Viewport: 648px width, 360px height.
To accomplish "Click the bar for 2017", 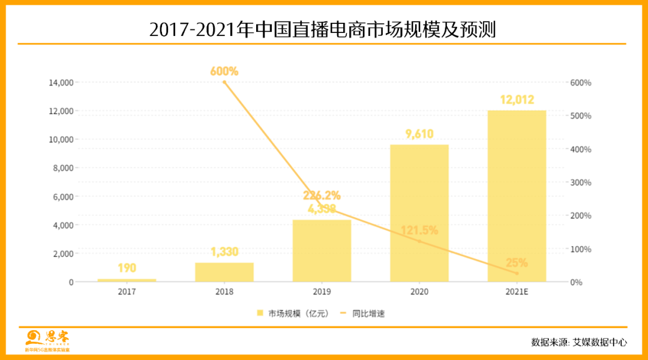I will click(x=127, y=280).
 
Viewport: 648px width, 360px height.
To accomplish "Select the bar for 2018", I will click(x=224, y=272).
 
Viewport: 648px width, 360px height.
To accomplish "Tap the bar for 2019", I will click(x=322, y=251).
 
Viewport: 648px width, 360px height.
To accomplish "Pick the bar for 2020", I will click(x=419, y=213).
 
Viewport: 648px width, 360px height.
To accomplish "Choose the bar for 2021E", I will click(x=517, y=196).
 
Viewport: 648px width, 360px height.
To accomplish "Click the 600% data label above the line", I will click(x=224, y=71).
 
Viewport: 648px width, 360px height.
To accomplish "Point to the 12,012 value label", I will click(x=517, y=100).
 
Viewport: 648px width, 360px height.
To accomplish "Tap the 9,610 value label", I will click(x=419, y=134).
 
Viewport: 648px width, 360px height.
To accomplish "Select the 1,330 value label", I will click(x=224, y=252).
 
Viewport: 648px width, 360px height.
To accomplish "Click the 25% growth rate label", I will click(x=517, y=262).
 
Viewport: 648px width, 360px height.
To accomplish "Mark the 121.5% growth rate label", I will click(x=419, y=230).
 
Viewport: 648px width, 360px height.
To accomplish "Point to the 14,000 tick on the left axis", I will click(x=61, y=82).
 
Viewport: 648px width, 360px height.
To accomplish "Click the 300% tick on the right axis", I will click(x=580, y=182).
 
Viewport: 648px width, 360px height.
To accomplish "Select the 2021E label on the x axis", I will click(x=517, y=292).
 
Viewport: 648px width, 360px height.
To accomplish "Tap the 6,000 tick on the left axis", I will click(x=63, y=197).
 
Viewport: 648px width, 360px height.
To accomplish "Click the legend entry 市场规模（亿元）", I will click(x=293, y=313).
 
